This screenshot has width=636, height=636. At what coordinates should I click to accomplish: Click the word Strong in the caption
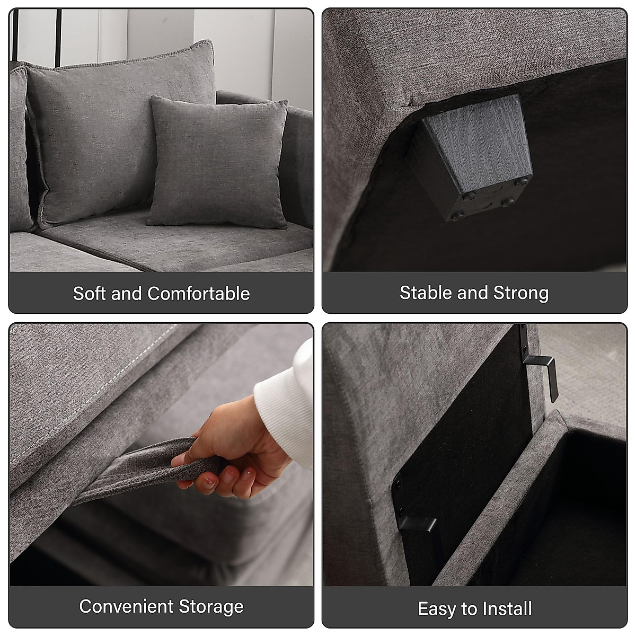click(521, 293)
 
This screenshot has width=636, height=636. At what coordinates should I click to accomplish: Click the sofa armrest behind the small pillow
click(297, 138)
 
